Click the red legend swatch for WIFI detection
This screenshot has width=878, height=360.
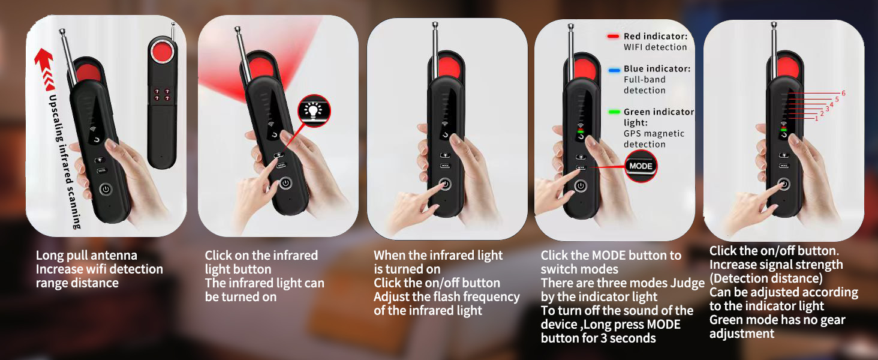613,37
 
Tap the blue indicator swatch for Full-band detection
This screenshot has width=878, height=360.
614,70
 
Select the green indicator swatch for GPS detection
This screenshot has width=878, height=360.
614,112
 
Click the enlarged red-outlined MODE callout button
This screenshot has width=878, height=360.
641,166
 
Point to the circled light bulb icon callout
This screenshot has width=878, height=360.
314,112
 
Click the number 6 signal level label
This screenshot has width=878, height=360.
843,93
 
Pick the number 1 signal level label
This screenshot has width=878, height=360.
816,119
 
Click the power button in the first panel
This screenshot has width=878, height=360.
106,189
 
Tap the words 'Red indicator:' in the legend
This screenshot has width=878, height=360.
656,37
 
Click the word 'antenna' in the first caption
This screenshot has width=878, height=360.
113,256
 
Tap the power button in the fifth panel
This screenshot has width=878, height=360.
784,184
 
